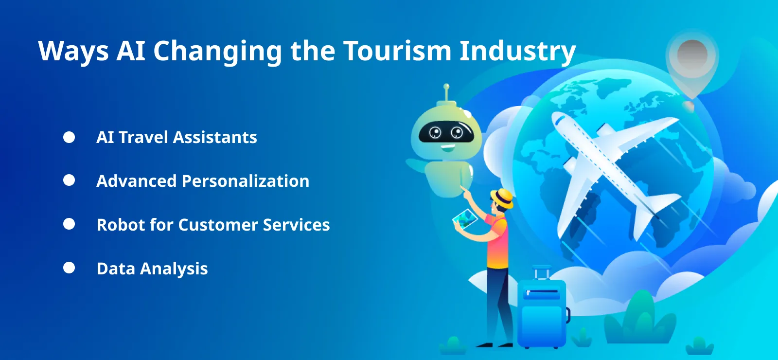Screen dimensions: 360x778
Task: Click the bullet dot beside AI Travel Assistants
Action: point(69,137)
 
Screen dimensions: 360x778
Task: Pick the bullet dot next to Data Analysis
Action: point(69,268)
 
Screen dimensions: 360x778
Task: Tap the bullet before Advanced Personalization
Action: point(69,180)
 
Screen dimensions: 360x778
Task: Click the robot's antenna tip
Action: point(446,88)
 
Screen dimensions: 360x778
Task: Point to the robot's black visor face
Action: point(445,132)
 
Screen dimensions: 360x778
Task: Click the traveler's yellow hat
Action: point(502,198)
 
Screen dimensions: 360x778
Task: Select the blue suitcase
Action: point(542,311)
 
